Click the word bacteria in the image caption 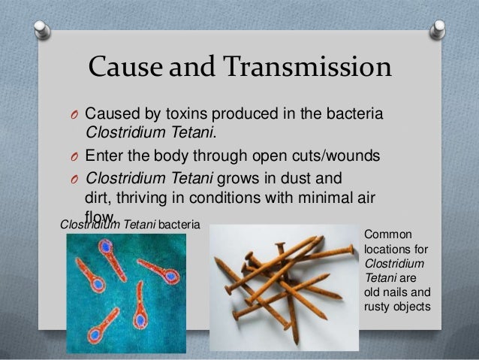179,224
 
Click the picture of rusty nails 283,286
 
